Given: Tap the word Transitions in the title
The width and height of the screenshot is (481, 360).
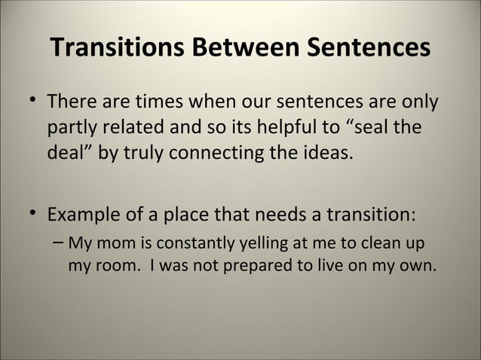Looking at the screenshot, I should coord(118,48).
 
